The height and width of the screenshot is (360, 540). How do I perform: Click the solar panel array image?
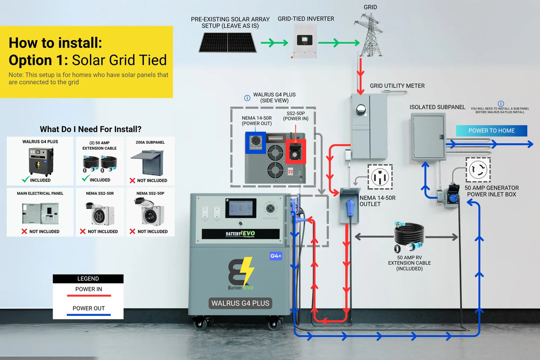pyautogui.click(x=227, y=42)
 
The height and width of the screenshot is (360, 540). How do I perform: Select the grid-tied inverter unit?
pyautogui.click(x=305, y=40)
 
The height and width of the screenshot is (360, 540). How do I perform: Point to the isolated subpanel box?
pyautogui.click(x=428, y=136)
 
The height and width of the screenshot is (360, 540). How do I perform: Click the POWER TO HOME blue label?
pyautogui.click(x=491, y=131)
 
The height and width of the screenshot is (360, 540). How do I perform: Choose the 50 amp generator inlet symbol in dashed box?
pyautogui.click(x=478, y=170)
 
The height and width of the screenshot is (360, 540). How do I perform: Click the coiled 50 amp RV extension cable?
pyautogui.click(x=409, y=235)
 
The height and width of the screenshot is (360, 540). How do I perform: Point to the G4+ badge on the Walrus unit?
pyautogui.click(x=276, y=256)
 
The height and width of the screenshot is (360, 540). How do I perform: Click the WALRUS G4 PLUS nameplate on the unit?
pyautogui.click(x=240, y=303)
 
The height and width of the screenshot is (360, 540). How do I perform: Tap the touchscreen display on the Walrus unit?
pyautogui.click(x=240, y=208)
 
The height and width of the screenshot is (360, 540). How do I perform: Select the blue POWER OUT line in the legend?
pyautogui.click(x=88, y=315)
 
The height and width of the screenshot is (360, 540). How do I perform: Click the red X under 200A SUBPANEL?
pyautogui.click(x=132, y=180)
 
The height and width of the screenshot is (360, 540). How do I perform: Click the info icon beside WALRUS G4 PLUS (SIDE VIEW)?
pyautogui.click(x=247, y=98)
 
